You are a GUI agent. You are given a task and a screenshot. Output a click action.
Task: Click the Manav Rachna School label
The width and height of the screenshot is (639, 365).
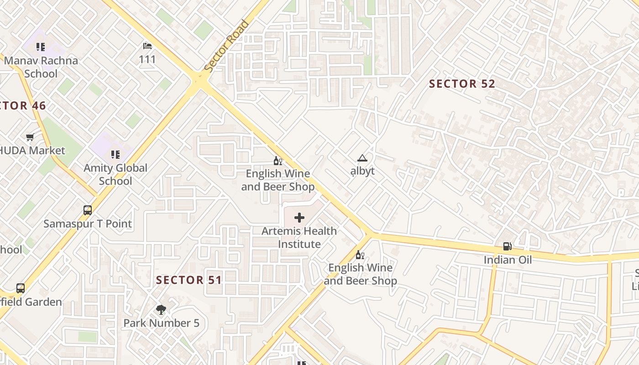click(x=41, y=67)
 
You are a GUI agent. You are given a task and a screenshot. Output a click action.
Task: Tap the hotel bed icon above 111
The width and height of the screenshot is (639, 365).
click(x=147, y=46)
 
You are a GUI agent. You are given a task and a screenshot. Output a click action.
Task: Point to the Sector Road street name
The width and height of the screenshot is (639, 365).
click(x=227, y=46)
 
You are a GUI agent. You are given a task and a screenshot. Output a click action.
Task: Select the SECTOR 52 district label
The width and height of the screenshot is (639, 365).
click(x=462, y=84)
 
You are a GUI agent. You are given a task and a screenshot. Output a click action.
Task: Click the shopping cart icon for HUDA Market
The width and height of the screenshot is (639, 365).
click(x=30, y=137)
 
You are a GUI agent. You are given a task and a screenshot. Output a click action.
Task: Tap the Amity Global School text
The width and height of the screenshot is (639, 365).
click(x=115, y=174)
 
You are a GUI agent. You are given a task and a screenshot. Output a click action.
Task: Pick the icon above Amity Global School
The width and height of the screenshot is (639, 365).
click(x=115, y=155)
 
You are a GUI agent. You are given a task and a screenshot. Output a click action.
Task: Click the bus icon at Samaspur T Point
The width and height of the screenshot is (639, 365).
click(x=88, y=210)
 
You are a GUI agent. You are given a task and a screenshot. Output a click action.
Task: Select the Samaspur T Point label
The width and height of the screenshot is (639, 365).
click(x=88, y=224)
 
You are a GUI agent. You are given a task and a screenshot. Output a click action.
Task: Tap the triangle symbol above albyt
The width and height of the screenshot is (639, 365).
click(x=362, y=158)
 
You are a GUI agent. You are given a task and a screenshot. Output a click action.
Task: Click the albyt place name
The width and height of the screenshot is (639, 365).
click(x=362, y=171)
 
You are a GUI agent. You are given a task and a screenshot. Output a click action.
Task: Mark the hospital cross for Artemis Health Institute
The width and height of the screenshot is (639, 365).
click(x=299, y=218)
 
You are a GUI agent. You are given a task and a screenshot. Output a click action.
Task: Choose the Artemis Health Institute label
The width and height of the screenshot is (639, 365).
click(x=299, y=238)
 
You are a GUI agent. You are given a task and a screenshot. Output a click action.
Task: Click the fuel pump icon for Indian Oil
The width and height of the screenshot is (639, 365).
click(x=507, y=247)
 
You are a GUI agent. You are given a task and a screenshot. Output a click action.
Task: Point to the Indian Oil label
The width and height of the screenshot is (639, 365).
click(x=508, y=260)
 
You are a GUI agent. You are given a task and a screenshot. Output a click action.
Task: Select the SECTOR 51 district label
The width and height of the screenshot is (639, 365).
click(x=189, y=280)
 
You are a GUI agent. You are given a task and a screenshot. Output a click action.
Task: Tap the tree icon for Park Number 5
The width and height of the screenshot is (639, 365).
click(x=161, y=310)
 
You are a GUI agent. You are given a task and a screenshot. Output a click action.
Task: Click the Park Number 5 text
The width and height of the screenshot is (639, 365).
click(x=162, y=323)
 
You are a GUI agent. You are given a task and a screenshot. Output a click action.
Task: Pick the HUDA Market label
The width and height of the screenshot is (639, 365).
click(x=33, y=151)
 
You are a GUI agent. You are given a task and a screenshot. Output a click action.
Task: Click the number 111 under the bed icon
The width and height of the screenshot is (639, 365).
click(x=147, y=59)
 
